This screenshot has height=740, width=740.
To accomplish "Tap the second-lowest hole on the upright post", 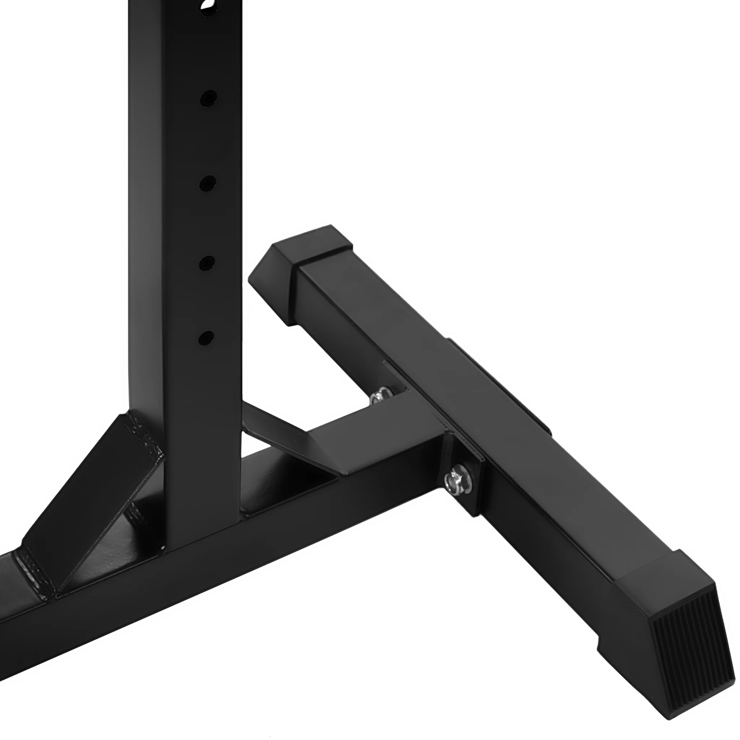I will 207,263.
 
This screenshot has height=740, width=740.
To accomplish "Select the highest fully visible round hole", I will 208,98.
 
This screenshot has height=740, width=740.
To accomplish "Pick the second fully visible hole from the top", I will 207,184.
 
